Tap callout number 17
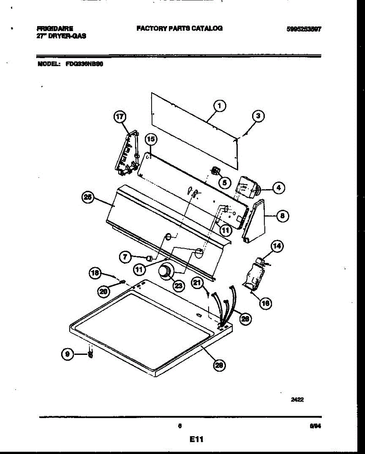(x=120, y=117)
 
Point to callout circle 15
(x=151, y=140)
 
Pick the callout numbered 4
(x=279, y=187)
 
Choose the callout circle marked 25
(x=88, y=197)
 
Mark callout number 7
(x=125, y=257)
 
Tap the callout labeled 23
(x=178, y=285)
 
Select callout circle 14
(x=277, y=247)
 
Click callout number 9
(x=67, y=354)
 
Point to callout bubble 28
(x=219, y=365)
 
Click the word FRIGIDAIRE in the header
(x=55, y=28)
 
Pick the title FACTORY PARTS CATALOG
(x=179, y=28)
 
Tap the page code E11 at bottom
(x=197, y=439)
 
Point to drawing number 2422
(x=297, y=399)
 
